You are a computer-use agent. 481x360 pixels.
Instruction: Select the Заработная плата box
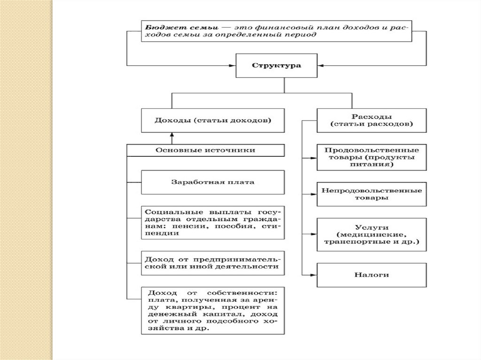pos(213,182)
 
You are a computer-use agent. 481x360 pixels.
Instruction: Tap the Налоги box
pos(372,274)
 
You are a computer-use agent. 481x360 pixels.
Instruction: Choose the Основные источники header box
pos(206,150)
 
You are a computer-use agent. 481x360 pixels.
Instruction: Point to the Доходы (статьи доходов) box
pos(213,120)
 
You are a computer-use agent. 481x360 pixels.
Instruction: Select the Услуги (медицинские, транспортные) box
pos(372,234)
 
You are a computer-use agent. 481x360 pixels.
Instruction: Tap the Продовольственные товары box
pos(372,157)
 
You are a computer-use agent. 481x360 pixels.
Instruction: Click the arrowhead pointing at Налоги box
pos(313,274)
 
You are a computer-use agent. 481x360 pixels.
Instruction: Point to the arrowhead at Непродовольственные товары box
pos(313,193)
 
